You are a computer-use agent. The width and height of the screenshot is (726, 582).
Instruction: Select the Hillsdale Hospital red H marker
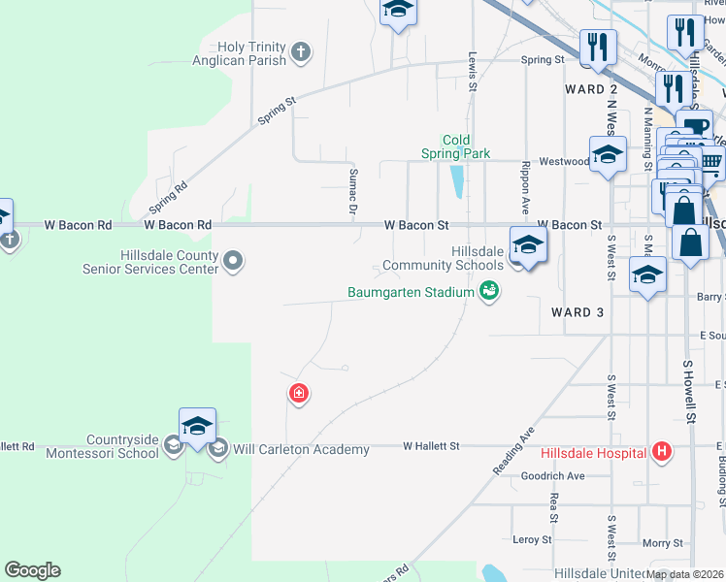662,452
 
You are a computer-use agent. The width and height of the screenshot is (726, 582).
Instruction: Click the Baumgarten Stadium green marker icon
490,291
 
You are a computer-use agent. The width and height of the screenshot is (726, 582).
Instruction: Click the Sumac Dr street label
353,190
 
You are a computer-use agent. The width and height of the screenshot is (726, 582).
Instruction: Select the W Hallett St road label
432,446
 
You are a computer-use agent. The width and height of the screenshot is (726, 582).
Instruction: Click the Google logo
32,570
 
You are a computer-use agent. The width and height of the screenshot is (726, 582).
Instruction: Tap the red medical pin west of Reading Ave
299,394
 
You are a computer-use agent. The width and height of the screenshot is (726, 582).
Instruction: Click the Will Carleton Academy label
300,449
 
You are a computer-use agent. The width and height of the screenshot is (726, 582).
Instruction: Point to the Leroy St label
532,539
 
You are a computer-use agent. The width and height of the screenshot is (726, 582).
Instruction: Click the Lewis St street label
474,72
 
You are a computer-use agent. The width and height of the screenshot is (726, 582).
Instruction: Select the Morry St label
663,542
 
